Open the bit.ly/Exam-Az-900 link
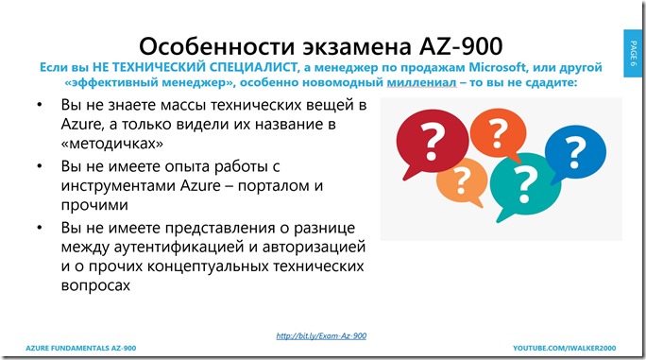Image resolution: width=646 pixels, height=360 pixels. coord(321,336)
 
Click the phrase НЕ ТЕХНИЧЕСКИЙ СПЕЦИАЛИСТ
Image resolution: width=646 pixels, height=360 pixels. coord(172,67)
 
